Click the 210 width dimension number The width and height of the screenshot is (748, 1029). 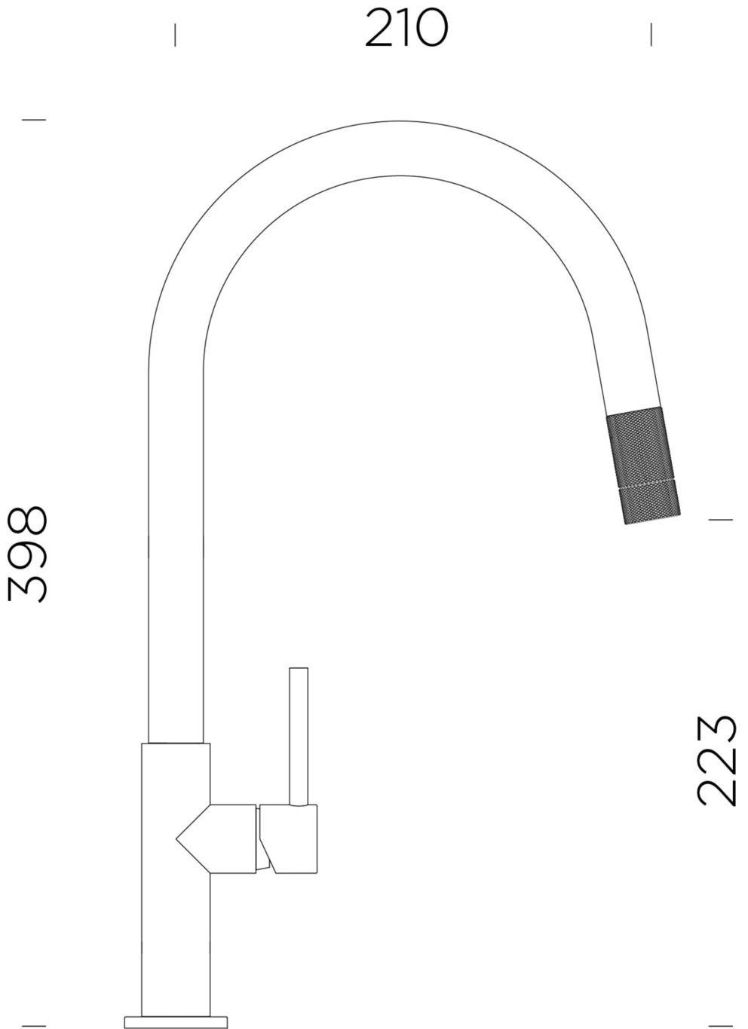(x=406, y=28)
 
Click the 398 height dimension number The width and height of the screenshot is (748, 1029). (x=27, y=554)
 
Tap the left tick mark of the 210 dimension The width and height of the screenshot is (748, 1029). (x=175, y=35)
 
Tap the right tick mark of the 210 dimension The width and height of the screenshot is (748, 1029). (x=651, y=35)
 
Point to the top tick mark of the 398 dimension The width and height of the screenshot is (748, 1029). (x=34, y=120)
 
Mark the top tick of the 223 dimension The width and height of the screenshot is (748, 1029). (x=720, y=520)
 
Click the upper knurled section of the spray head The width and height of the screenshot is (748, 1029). (x=640, y=447)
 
